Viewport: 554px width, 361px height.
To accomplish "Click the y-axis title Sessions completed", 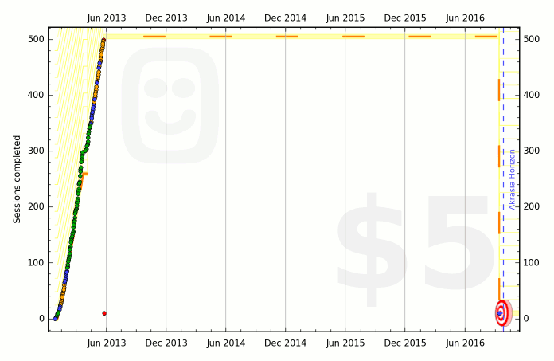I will point(17,179).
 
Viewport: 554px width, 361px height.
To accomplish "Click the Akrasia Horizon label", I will point(513,179).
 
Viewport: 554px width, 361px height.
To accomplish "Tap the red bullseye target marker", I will point(501,313).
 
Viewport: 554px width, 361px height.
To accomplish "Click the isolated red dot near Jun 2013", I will point(104,313).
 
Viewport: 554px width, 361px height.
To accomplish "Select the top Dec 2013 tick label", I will point(166,18).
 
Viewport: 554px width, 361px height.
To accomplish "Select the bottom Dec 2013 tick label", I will point(166,343).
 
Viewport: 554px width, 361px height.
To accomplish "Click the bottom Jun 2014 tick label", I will point(225,343).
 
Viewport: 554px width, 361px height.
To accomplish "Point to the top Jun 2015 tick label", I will point(345,18).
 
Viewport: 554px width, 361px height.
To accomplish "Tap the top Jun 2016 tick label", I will point(464,18).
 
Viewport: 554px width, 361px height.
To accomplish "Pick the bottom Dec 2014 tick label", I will point(285,343).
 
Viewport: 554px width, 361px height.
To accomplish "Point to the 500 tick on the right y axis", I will point(533,39).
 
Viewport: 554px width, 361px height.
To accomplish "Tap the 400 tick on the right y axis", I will point(533,95).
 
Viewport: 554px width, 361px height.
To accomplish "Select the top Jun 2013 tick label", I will point(106,18).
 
